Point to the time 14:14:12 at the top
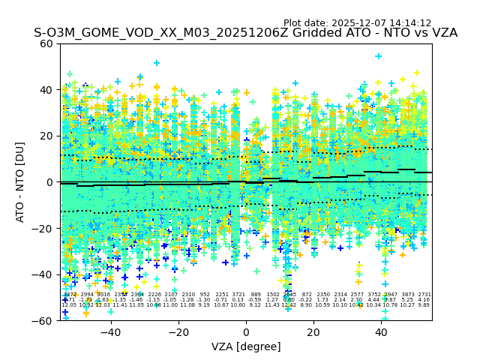click(411, 23)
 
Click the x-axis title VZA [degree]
click(246, 346)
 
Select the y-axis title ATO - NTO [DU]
click(20, 181)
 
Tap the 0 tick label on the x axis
click(246, 331)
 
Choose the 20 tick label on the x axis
click(313, 331)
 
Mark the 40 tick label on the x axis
click(381, 331)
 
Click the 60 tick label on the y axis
click(46, 43)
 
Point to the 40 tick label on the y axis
click(46, 90)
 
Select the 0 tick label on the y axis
click(49, 182)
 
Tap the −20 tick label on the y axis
click(43, 229)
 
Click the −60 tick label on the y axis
click(43, 321)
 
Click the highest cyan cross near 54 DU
click(378, 56)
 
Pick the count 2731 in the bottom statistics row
click(424, 295)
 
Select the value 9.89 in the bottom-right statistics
click(424, 305)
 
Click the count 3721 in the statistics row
click(238, 295)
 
